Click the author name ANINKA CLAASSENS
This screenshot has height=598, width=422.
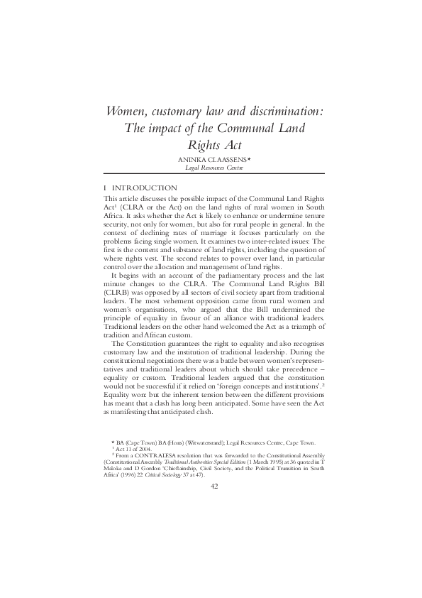(x=211, y=160)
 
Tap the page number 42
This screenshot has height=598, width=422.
(x=211, y=485)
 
